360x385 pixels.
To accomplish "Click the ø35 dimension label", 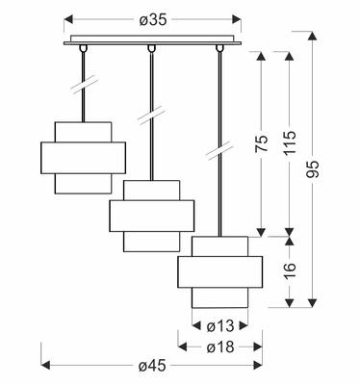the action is pyautogui.click(x=153, y=20).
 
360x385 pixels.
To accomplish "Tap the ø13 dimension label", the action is pyautogui.click(x=220, y=326).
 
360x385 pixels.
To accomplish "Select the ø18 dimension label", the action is pyautogui.click(x=220, y=346).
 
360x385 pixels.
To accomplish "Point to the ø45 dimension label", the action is pyautogui.click(x=152, y=366).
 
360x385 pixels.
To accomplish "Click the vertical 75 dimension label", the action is pyautogui.click(x=262, y=143).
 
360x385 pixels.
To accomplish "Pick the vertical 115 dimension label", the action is pyautogui.click(x=290, y=142).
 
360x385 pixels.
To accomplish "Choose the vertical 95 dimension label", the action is pyautogui.click(x=313, y=168).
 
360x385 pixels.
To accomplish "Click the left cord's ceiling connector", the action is pyautogui.click(x=84, y=48).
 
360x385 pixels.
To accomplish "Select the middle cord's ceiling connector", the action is pyautogui.click(x=151, y=48).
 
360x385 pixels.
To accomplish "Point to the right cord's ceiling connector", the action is pyautogui.click(x=219, y=48).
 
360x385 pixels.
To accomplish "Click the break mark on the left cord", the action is pyautogui.click(x=84, y=85).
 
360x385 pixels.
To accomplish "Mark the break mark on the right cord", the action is pyautogui.click(x=219, y=150).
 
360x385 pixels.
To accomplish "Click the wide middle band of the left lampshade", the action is pyautogui.click(x=83, y=158).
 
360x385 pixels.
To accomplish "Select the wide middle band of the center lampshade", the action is pyautogui.click(x=152, y=216).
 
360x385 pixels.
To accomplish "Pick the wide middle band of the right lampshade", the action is pyautogui.click(x=220, y=271).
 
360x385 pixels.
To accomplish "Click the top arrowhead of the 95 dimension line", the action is pyautogui.click(x=312, y=36).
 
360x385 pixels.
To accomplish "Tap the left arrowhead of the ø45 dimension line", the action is pyautogui.click(x=46, y=365).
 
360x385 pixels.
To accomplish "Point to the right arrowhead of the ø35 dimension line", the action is pyautogui.click(x=237, y=19).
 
